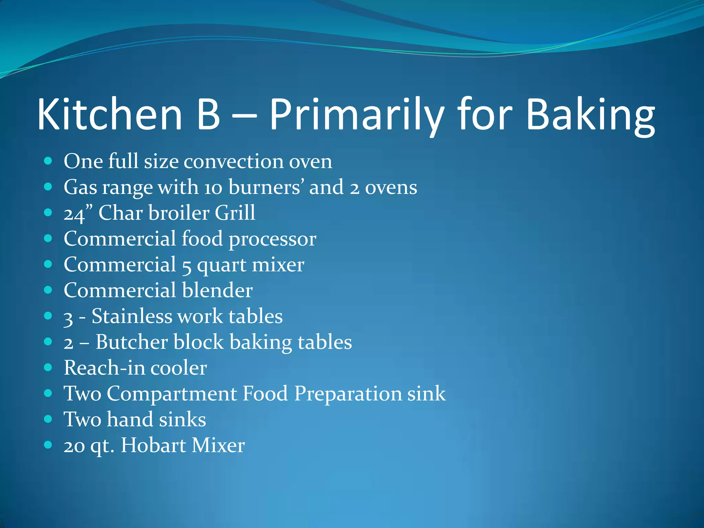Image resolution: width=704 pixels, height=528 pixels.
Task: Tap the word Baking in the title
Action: [x=590, y=114]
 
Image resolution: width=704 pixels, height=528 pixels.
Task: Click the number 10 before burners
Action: [x=213, y=188]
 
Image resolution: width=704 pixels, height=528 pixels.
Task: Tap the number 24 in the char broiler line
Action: [x=74, y=214]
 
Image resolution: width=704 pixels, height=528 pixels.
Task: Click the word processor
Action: [x=272, y=239]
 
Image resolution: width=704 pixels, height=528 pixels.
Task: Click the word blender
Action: [x=217, y=290]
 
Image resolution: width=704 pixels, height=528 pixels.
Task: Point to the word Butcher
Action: [x=131, y=342]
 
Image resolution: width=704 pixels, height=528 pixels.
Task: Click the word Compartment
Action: [x=172, y=394]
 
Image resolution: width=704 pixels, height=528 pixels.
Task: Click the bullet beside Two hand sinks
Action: [x=48, y=419]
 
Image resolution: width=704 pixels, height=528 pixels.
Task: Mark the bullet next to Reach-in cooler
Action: [x=48, y=367]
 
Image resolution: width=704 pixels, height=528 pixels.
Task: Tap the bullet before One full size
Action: [x=48, y=161]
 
